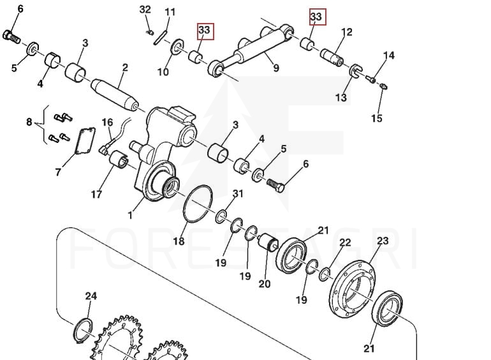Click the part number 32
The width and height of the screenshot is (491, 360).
coord(145,10)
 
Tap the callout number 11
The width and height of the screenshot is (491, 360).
coord(170,12)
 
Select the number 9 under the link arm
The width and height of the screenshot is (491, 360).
coord(275,68)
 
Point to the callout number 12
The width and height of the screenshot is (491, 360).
coord(347,32)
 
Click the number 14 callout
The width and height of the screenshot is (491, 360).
coord(388,56)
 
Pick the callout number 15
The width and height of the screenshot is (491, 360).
coord(377,118)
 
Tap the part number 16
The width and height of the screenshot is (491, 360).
coord(107,122)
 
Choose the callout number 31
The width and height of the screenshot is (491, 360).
coord(238,193)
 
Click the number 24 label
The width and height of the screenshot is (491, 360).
coord(91,296)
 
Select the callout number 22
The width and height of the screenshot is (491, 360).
coord(345,243)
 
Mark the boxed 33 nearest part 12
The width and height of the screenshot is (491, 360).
coord(316,15)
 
